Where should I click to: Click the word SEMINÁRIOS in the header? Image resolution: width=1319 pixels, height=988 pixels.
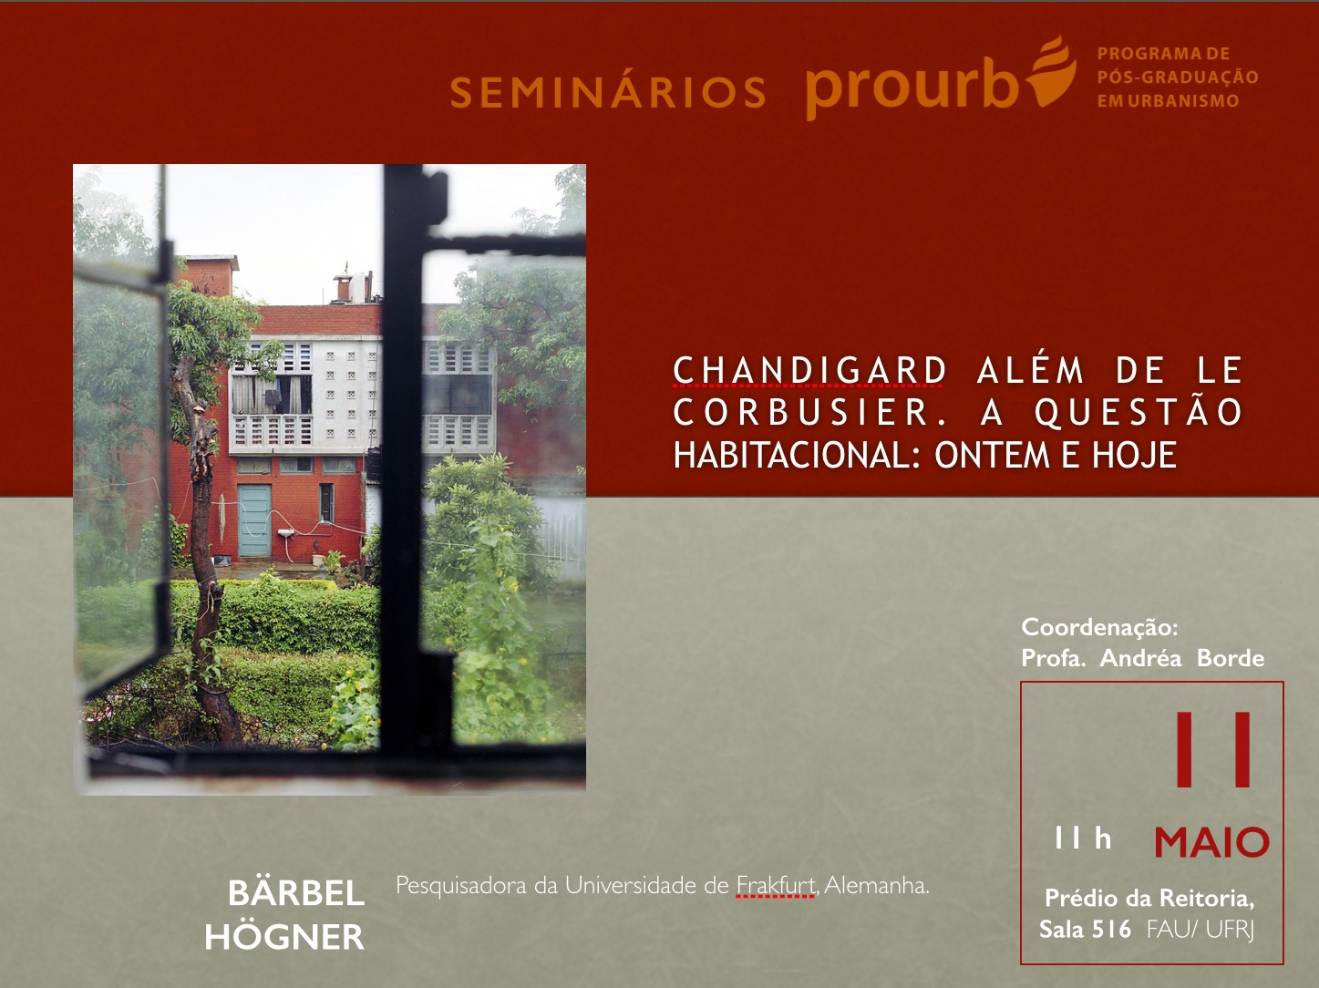608,92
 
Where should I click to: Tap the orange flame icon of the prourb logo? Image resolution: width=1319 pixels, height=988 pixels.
1052,73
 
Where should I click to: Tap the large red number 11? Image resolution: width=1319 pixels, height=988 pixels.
1212,749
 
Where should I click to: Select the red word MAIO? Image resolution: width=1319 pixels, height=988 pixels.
1211,842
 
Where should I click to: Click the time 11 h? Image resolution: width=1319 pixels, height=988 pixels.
1083,838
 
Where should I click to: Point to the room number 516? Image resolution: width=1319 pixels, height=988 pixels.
1111,929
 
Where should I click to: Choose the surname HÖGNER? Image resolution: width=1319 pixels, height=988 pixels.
284,936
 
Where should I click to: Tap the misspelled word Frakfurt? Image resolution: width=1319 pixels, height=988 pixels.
775,885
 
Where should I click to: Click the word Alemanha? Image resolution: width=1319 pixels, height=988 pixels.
877,885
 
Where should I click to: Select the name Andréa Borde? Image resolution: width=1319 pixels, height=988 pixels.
1182,658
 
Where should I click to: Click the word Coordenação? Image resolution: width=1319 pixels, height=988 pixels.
1099,628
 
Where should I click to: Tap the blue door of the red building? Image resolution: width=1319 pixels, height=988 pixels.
254,520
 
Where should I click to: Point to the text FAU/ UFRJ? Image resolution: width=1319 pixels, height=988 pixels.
1200,930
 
